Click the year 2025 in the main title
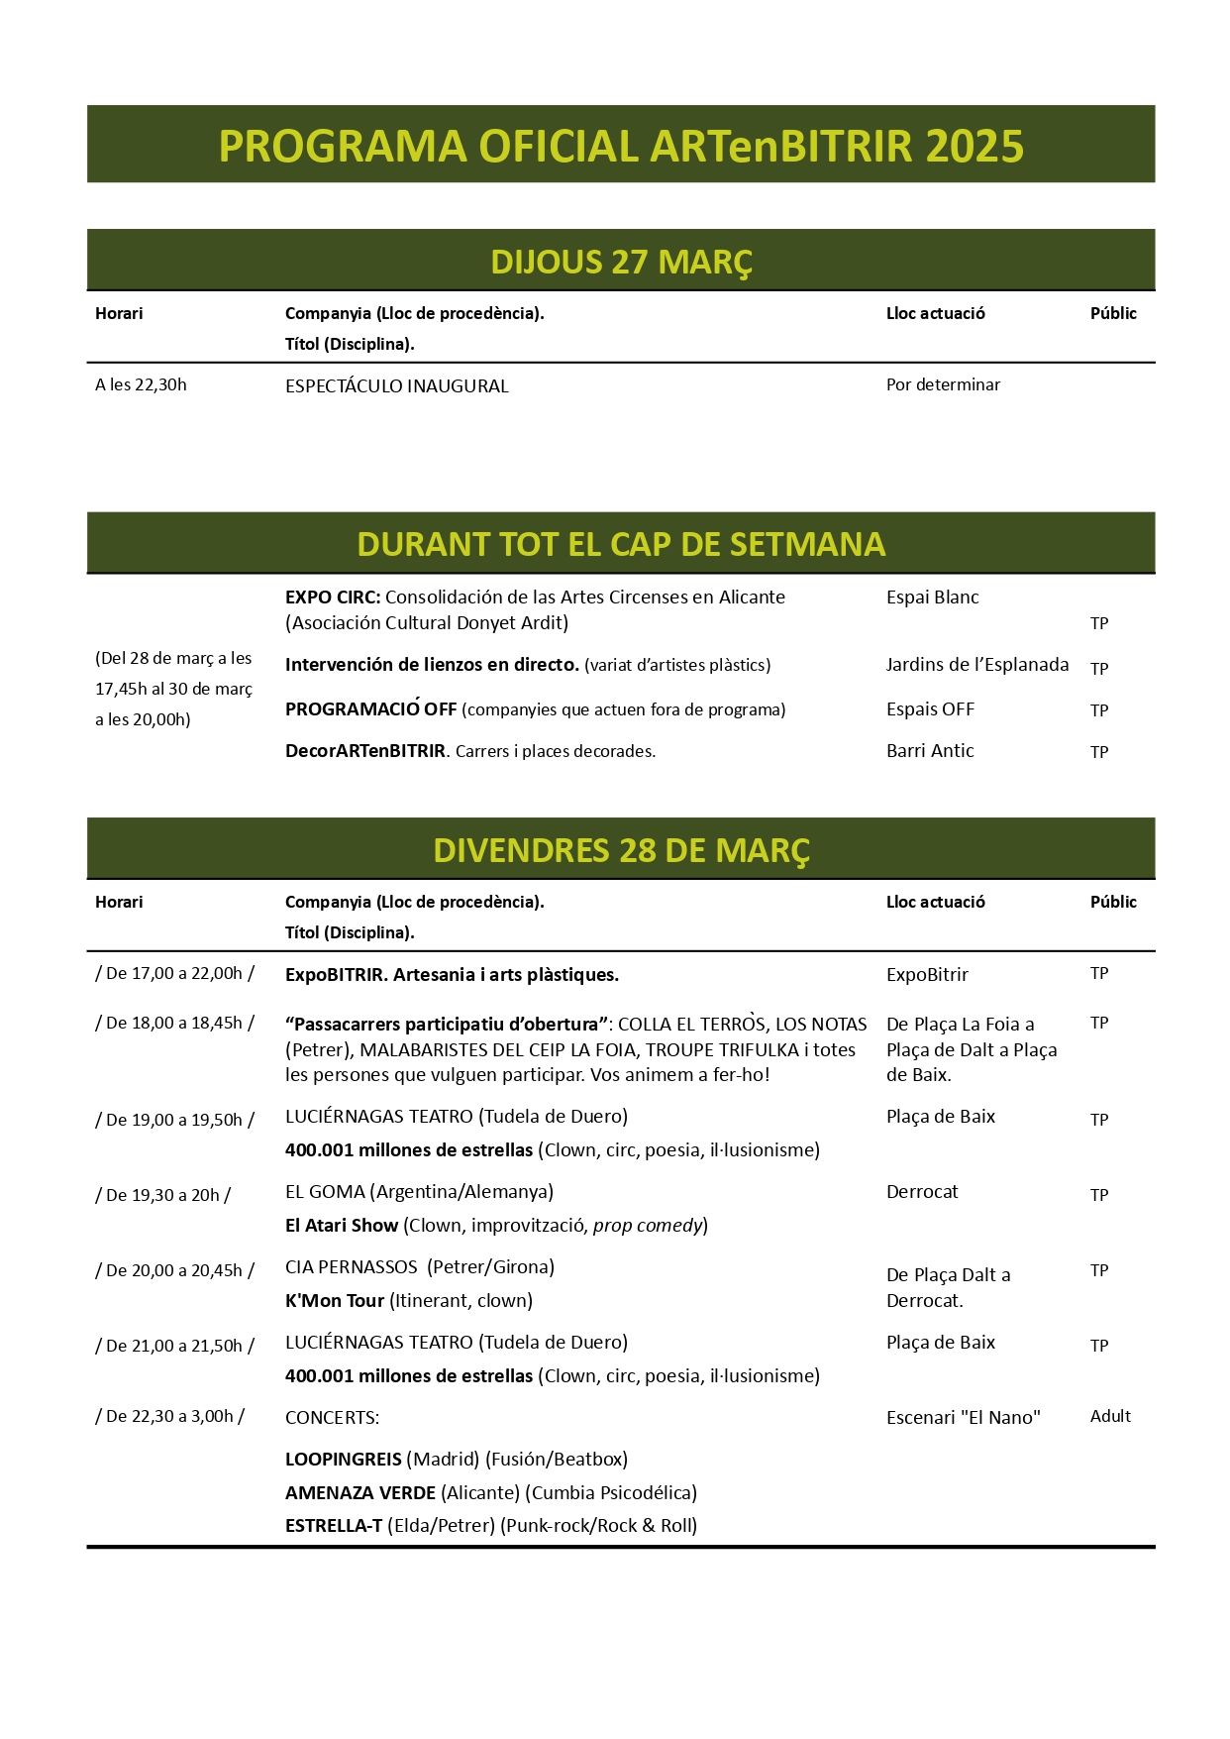pyautogui.click(x=974, y=147)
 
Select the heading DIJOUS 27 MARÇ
pyautogui.click(x=621, y=262)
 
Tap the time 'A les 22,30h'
pyautogui.click(x=141, y=384)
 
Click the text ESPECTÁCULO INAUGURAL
pyautogui.click(x=396, y=386)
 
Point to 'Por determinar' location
pyautogui.click(x=943, y=384)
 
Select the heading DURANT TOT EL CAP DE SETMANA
pyautogui.click(x=621, y=545)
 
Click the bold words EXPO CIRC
pyautogui.click(x=332, y=598)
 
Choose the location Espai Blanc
pyautogui.click(x=932, y=598)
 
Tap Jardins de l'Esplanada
pyautogui.click(x=976, y=665)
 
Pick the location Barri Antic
pyautogui.click(x=930, y=751)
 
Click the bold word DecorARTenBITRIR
pyautogui.click(x=365, y=751)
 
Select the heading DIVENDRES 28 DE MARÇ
pyautogui.click(x=621, y=850)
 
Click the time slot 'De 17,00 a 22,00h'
pyautogui.click(x=174, y=973)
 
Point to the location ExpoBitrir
pyautogui.click(x=927, y=975)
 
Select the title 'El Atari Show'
pyautogui.click(x=341, y=1226)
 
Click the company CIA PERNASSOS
pyautogui.click(x=351, y=1267)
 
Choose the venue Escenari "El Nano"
pyautogui.click(x=963, y=1418)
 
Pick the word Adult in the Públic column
pyautogui.click(x=1110, y=1417)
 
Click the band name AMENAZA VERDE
pyautogui.click(x=359, y=1493)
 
